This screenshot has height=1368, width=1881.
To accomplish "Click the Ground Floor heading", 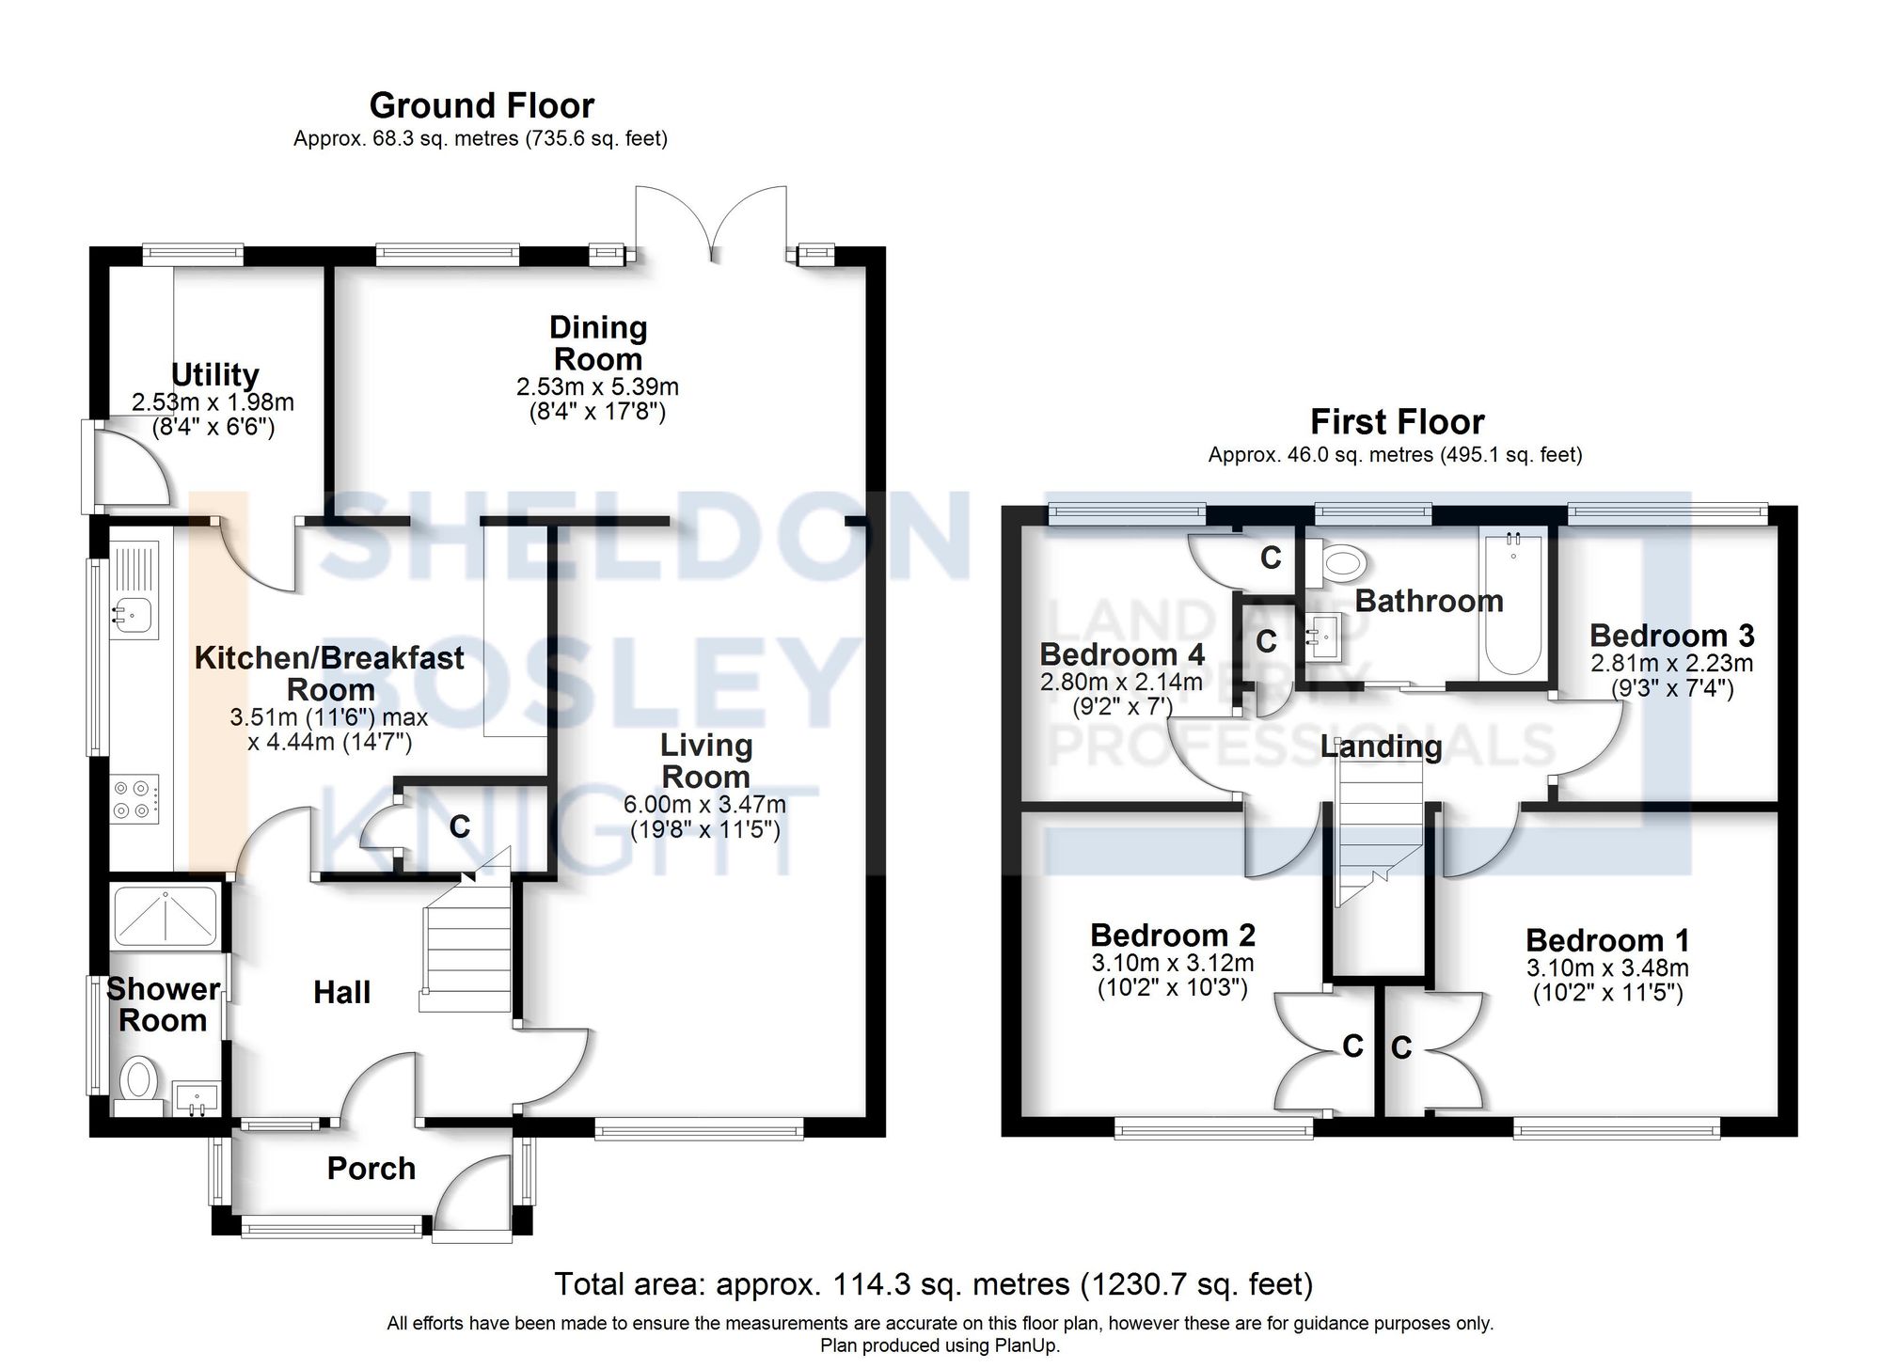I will (481, 105).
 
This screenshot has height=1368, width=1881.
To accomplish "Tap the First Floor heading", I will (1397, 421).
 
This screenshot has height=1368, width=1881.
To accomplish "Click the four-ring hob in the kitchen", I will (134, 799).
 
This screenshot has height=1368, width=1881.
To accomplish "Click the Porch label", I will (371, 1169).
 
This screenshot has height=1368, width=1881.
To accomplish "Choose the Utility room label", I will (214, 374).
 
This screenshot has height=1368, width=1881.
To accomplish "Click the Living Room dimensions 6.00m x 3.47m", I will (704, 805).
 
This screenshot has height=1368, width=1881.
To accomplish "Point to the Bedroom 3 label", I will (1671, 636).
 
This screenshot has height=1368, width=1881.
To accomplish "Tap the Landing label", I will (1381, 747).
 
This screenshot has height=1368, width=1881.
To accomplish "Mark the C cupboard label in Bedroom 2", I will (1352, 1046).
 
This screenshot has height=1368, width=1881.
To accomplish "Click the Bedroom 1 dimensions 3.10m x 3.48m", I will (1607, 968).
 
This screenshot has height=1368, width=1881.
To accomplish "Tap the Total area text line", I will (933, 1284).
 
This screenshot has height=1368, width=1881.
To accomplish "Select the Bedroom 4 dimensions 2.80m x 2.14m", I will (1121, 682).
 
